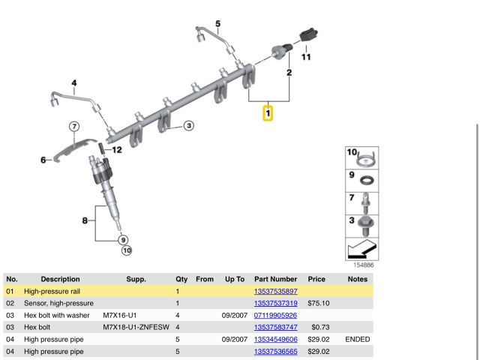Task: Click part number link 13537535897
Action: pyautogui.click(x=276, y=291)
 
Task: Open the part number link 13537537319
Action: pyautogui.click(x=276, y=303)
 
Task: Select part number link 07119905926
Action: pyautogui.click(x=276, y=315)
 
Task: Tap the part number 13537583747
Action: pyautogui.click(x=276, y=327)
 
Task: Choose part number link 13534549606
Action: pyautogui.click(x=276, y=339)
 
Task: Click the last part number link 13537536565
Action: pyautogui.click(x=276, y=351)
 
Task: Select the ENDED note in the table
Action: pyautogui.click(x=357, y=339)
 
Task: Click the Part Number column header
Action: pyautogui.click(x=276, y=279)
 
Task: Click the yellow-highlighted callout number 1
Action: pyautogui.click(x=268, y=113)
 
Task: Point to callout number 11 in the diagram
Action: pyautogui.click(x=306, y=56)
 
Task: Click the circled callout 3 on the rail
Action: pyautogui.click(x=188, y=125)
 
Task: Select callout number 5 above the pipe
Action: pyautogui.click(x=218, y=24)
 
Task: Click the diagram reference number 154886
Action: pyautogui.click(x=363, y=265)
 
